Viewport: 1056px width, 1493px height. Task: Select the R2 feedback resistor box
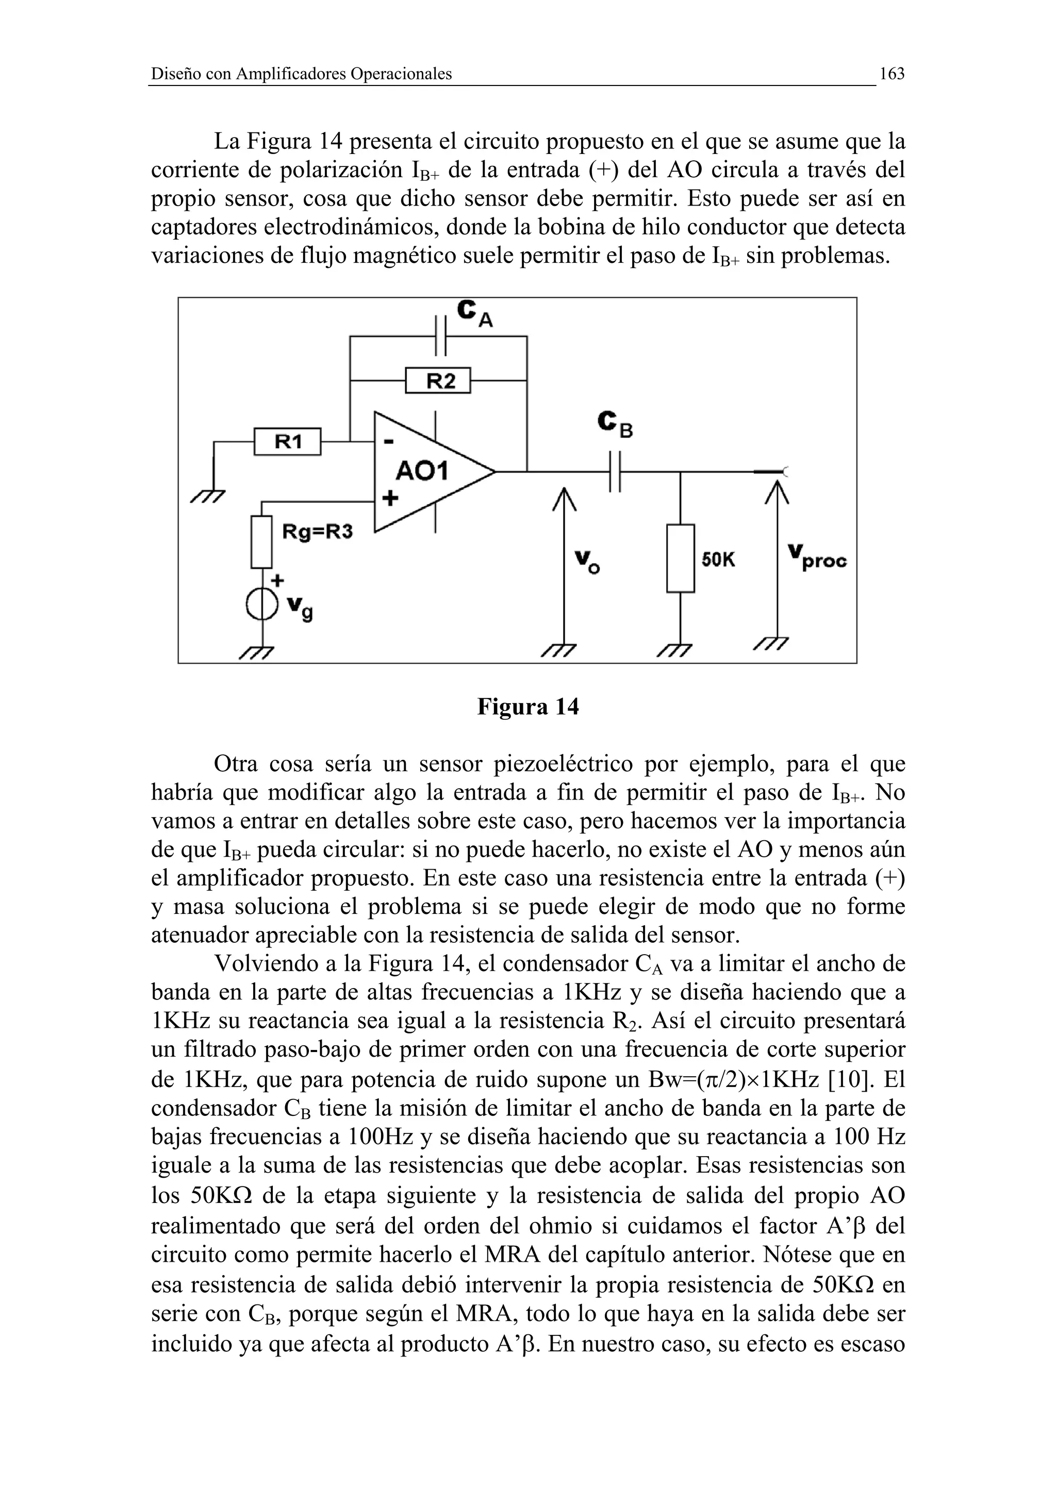coord(437,380)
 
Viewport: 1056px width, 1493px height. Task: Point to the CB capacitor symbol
coord(615,471)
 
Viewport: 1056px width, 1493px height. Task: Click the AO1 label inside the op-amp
coord(422,471)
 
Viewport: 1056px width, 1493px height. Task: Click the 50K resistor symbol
coord(680,558)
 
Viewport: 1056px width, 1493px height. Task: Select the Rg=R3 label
coord(317,532)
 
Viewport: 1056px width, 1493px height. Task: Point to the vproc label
coord(817,558)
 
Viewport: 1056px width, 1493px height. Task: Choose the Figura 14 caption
coord(527,706)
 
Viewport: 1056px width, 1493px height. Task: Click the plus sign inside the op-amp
coord(390,499)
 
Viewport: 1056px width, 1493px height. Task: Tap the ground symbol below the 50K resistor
coord(673,650)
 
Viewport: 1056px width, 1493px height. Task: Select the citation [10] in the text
coord(849,1079)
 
